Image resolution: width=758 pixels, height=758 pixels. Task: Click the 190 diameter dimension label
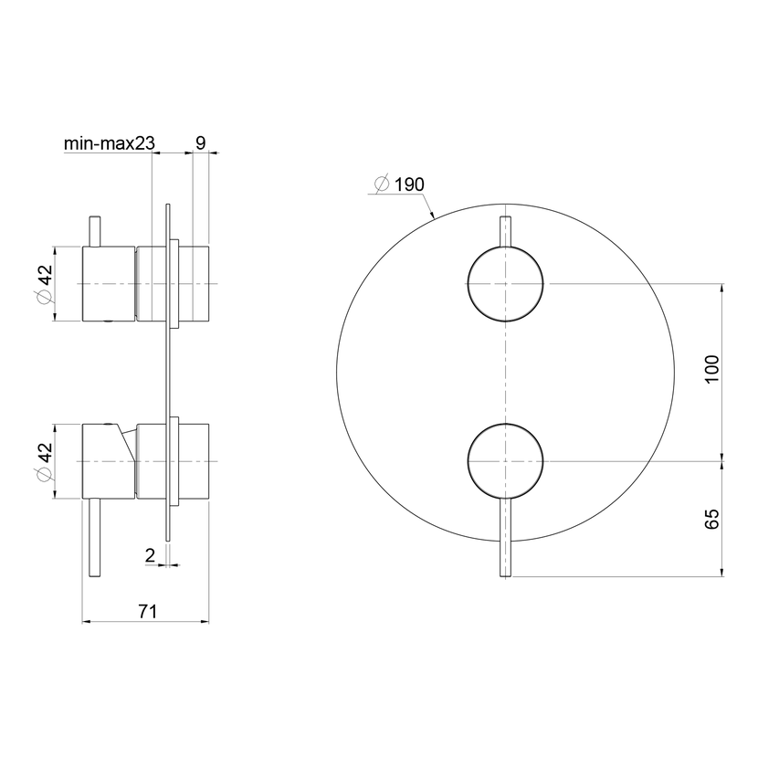pyautogui.click(x=399, y=184)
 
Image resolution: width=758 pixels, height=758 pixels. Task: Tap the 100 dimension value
pyautogui.click(x=712, y=369)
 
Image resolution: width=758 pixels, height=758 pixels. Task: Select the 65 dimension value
pyautogui.click(x=712, y=519)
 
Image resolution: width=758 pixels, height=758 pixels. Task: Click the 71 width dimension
pyautogui.click(x=148, y=612)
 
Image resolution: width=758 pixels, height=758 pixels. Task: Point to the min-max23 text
pyautogui.click(x=110, y=143)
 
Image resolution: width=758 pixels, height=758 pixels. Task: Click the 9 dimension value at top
pyautogui.click(x=201, y=142)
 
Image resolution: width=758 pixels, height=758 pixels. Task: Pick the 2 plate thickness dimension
pyautogui.click(x=151, y=555)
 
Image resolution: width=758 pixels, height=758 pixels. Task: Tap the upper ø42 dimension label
pyautogui.click(x=45, y=283)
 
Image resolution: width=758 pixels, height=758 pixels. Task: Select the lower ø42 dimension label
pyautogui.click(x=45, y=462)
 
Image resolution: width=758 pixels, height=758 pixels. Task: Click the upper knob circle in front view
pyautogui.click(x=505, y=246)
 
